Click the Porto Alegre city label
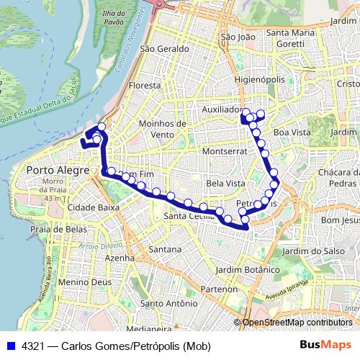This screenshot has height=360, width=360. coord(57,171)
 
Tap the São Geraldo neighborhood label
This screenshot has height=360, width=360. coord(165,49)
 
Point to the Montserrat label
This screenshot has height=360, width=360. coord(225,152)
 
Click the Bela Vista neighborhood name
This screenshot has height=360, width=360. coord(225,184)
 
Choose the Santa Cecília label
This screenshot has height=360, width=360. coord(189,216)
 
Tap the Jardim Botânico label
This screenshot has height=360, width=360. coord(260,269)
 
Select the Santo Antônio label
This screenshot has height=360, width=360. coord(169,304)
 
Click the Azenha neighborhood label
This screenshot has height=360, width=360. coord(120,257)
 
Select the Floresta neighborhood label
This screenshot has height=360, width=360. coord(144,85)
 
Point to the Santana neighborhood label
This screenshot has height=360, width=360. coord(164,249)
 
